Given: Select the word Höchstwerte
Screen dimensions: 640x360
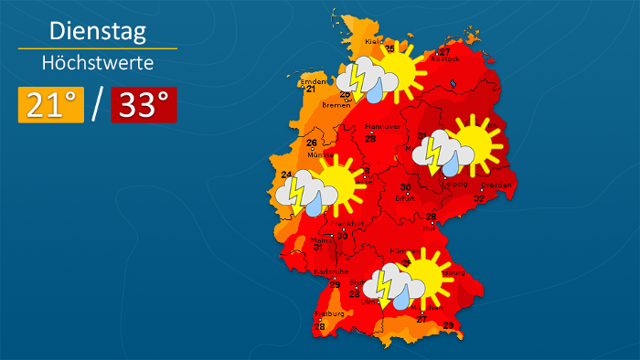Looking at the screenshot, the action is pyautogui.click(x=97, y=63).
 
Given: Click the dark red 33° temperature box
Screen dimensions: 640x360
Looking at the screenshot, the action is pyautogui.click(x=144, y=105).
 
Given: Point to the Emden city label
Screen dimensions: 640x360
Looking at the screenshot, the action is pyautogui.click(x=312, y=80).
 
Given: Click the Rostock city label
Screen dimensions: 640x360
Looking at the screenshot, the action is pyautogui.click(x=445, y=59).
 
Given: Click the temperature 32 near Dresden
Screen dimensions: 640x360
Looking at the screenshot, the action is pyautogui.click(x=478, y=198).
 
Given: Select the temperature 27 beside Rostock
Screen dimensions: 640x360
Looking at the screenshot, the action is pyautogui.click(x=445, y=50).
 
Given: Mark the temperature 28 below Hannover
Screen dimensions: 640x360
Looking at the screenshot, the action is pyautogui.click(x=370, y=139).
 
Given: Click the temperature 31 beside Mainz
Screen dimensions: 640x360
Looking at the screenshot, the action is pyautogui.click(x=317, y=248).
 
